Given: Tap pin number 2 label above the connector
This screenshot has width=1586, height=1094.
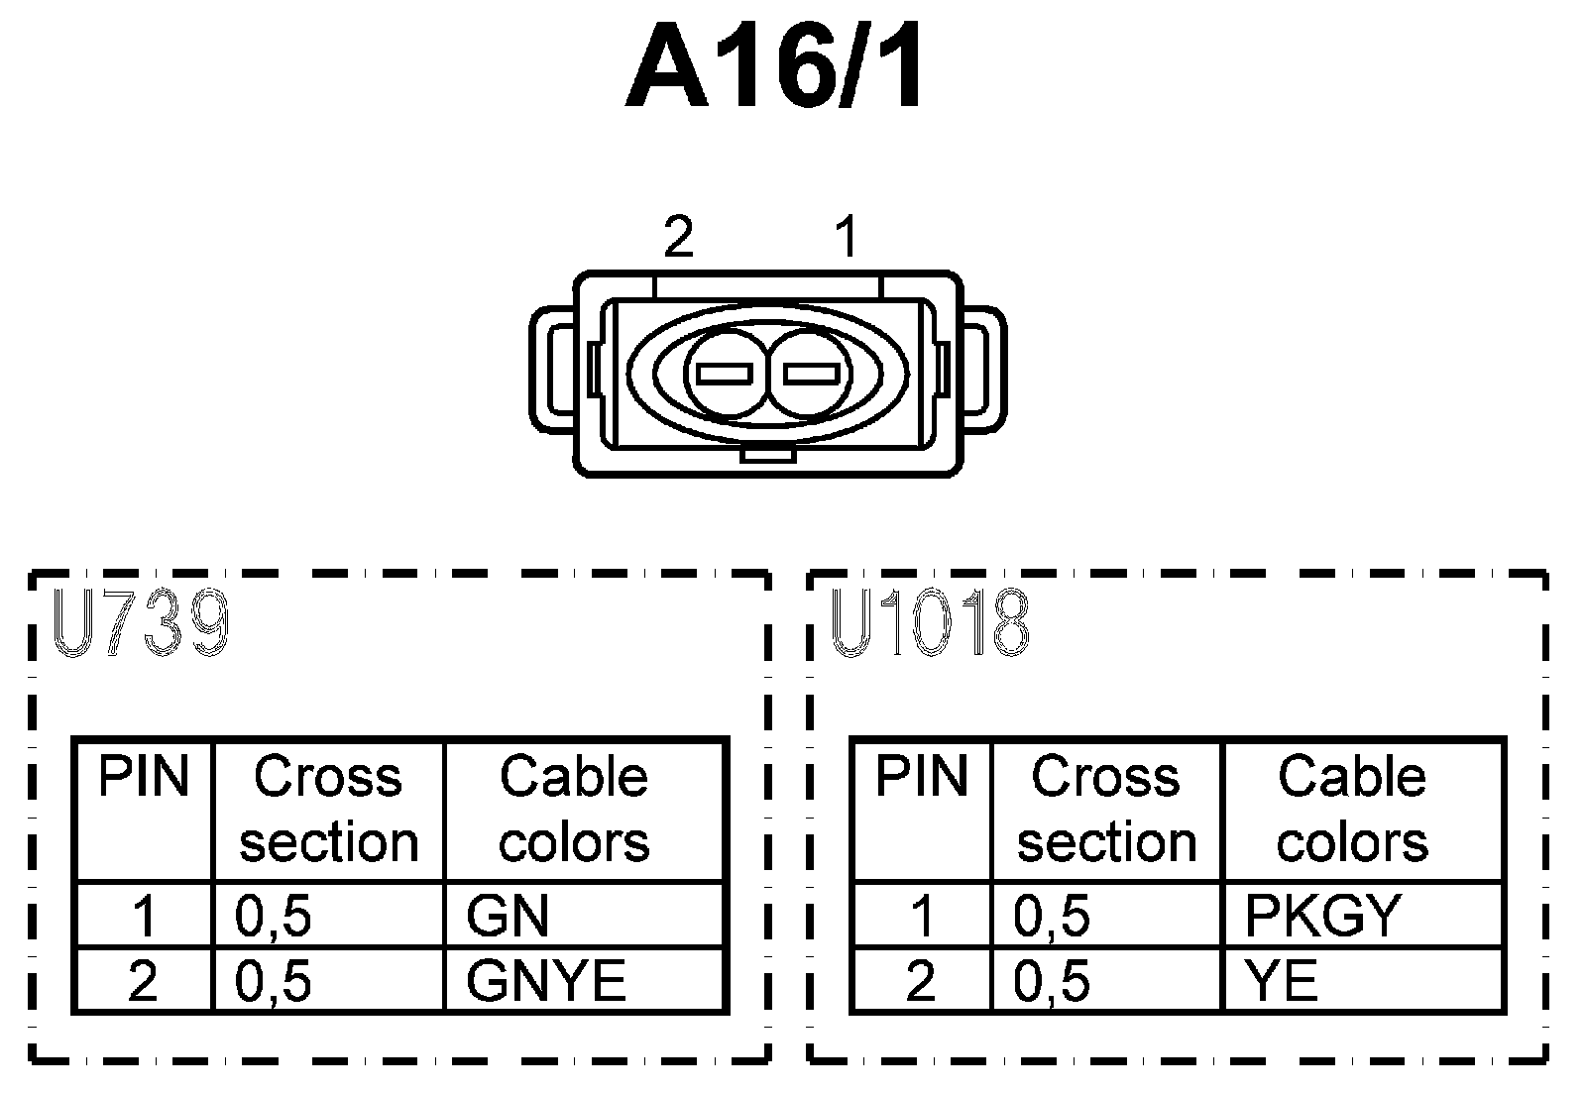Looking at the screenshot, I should click(678, 238).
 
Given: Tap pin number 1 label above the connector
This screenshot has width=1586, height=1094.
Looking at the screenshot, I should click(846, 238).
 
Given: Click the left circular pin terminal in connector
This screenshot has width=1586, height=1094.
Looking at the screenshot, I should click(725, 374).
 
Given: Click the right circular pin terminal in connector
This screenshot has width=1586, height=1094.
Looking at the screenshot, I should click(812, 374).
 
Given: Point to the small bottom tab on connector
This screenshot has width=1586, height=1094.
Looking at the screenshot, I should click(767, 456).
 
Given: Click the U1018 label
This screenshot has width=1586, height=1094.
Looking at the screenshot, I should click(930, 625).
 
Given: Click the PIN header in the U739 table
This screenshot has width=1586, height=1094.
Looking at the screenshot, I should click(143, 777).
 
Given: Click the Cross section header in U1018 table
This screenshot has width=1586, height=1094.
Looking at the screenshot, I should click(1106, 809).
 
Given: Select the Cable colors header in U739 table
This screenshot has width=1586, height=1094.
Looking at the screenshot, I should click(574, 809).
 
